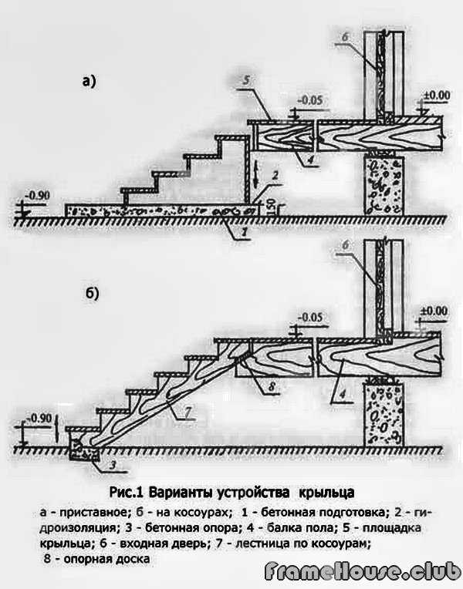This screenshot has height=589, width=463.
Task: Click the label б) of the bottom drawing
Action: click(x=89, y=294)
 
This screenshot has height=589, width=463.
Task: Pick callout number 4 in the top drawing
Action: click(x=307, y=160)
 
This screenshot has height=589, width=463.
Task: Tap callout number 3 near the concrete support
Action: click(x=92, y=463)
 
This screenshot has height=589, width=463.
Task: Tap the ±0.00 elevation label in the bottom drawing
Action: click(x=435, y=310)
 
